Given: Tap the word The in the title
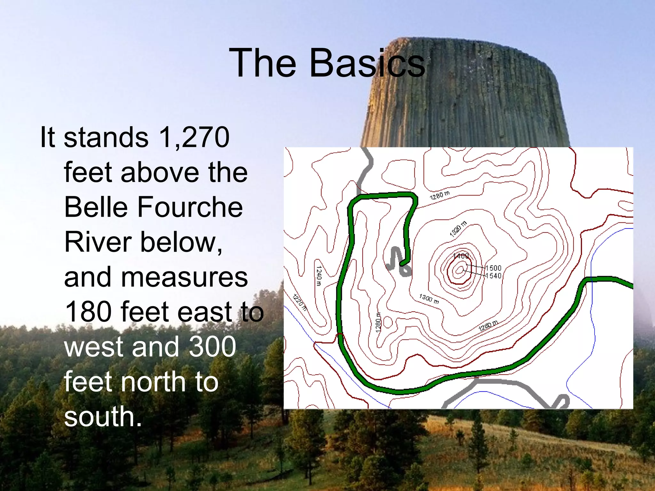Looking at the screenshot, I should click(x=263, y=63).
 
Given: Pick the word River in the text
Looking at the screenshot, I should click(x=98, y=242).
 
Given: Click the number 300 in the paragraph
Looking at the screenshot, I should click(x=212, y=347).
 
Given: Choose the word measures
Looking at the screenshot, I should click(x=156, y=277).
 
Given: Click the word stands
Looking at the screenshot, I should click(x=106, y=137).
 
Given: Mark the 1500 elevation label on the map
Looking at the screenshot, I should click(x=493, y=268).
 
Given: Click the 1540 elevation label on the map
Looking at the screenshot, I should click(x=493, y=276).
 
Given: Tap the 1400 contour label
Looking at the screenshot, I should click(x=461, y=256).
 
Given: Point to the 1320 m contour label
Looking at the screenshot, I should click(x=458, y=229).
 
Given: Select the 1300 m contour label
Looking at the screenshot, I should click(x=429, y=299).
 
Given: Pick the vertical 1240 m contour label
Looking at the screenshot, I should click(x=319, y=276).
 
